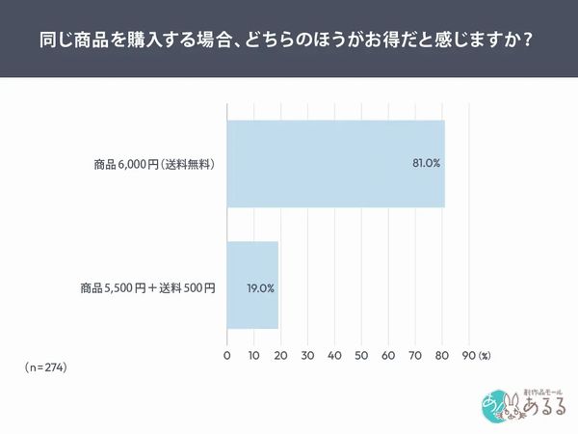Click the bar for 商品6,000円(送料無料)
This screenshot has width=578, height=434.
335,163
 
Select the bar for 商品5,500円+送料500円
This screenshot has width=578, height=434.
252,286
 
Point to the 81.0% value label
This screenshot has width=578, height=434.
426,163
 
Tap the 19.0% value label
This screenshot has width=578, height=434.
260,287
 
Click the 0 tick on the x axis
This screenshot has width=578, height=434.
227,356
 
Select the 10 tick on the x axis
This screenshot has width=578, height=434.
254,356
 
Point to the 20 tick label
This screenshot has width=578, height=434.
281,356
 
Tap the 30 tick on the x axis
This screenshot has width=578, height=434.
308,356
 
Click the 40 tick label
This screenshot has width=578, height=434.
335,356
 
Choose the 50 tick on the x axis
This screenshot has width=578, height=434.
362,356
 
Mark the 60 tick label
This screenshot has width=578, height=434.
389,356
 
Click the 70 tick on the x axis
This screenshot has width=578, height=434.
416,356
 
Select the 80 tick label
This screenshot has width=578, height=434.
443,356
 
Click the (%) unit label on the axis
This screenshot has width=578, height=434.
486,356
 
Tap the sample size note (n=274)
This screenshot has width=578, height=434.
46,368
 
